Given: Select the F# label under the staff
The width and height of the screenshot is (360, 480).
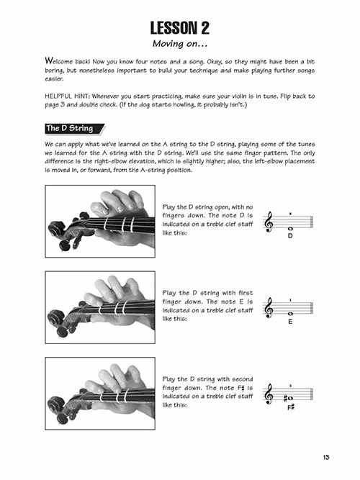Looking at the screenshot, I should [x=292, y=408].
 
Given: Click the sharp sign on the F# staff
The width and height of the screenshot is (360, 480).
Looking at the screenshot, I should [x=285, y=397].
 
